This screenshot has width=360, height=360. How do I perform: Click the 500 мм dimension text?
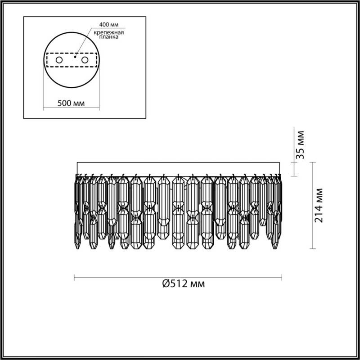(72, 103)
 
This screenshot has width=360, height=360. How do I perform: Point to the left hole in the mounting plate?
(59, 60)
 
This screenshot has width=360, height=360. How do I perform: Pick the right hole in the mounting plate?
(84, 60)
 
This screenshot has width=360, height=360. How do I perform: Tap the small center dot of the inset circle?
(75, 57)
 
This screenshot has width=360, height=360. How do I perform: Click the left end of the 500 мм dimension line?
(44, 108)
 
